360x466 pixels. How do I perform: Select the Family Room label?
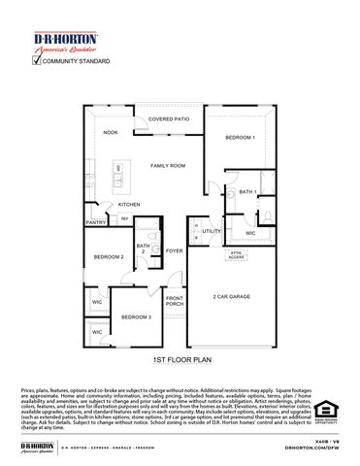tap(167, 166)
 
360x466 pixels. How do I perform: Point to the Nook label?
tap(112, 133)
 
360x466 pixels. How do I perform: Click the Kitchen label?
tap(129, 205)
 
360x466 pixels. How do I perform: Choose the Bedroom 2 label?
tap(108, 256)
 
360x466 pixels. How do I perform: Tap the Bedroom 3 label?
tap(136, 316)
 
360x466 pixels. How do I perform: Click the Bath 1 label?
tap(247, 192)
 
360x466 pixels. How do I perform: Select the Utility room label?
tap(212, 231)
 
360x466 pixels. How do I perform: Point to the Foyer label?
tap(173, 250)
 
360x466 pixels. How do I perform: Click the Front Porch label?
tap(175, 301)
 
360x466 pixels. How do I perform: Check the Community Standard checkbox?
tap(37, 60)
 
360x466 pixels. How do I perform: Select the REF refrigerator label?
tap(125, 217)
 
